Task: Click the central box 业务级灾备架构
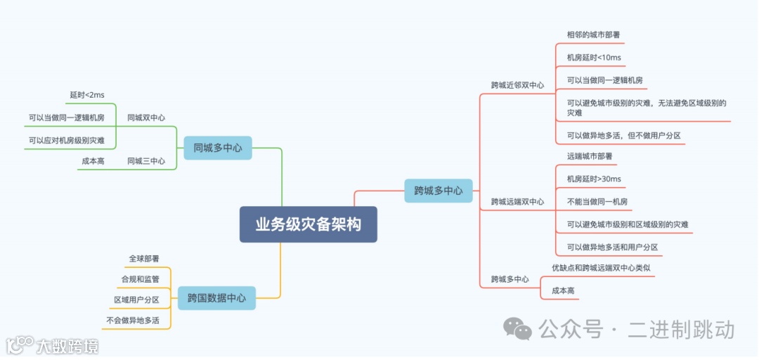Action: (x=308, y=224)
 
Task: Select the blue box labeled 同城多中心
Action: (x=217, y=148)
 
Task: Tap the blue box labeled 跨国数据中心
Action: (x=216, y=298)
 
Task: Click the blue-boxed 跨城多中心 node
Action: (x=438, y=191)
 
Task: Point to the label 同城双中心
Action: (x=146, y=117)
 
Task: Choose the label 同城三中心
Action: (x=146, y=161)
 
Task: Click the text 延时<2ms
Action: (x=87, y=95)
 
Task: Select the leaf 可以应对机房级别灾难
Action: (x=67, y=140)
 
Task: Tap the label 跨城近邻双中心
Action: (x=517, y=85)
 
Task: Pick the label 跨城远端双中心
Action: (x=517, y=202)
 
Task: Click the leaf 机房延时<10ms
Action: (x=594, y=58)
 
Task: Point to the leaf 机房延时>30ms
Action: (x=594, y=179)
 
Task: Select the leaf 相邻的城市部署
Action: (x=593, y=34)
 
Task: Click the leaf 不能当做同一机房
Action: (x=597, y=202)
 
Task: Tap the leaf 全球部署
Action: (x=144, y=259)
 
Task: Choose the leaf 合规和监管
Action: (x=141, y=279)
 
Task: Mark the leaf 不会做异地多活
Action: (x=133, y=321)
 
